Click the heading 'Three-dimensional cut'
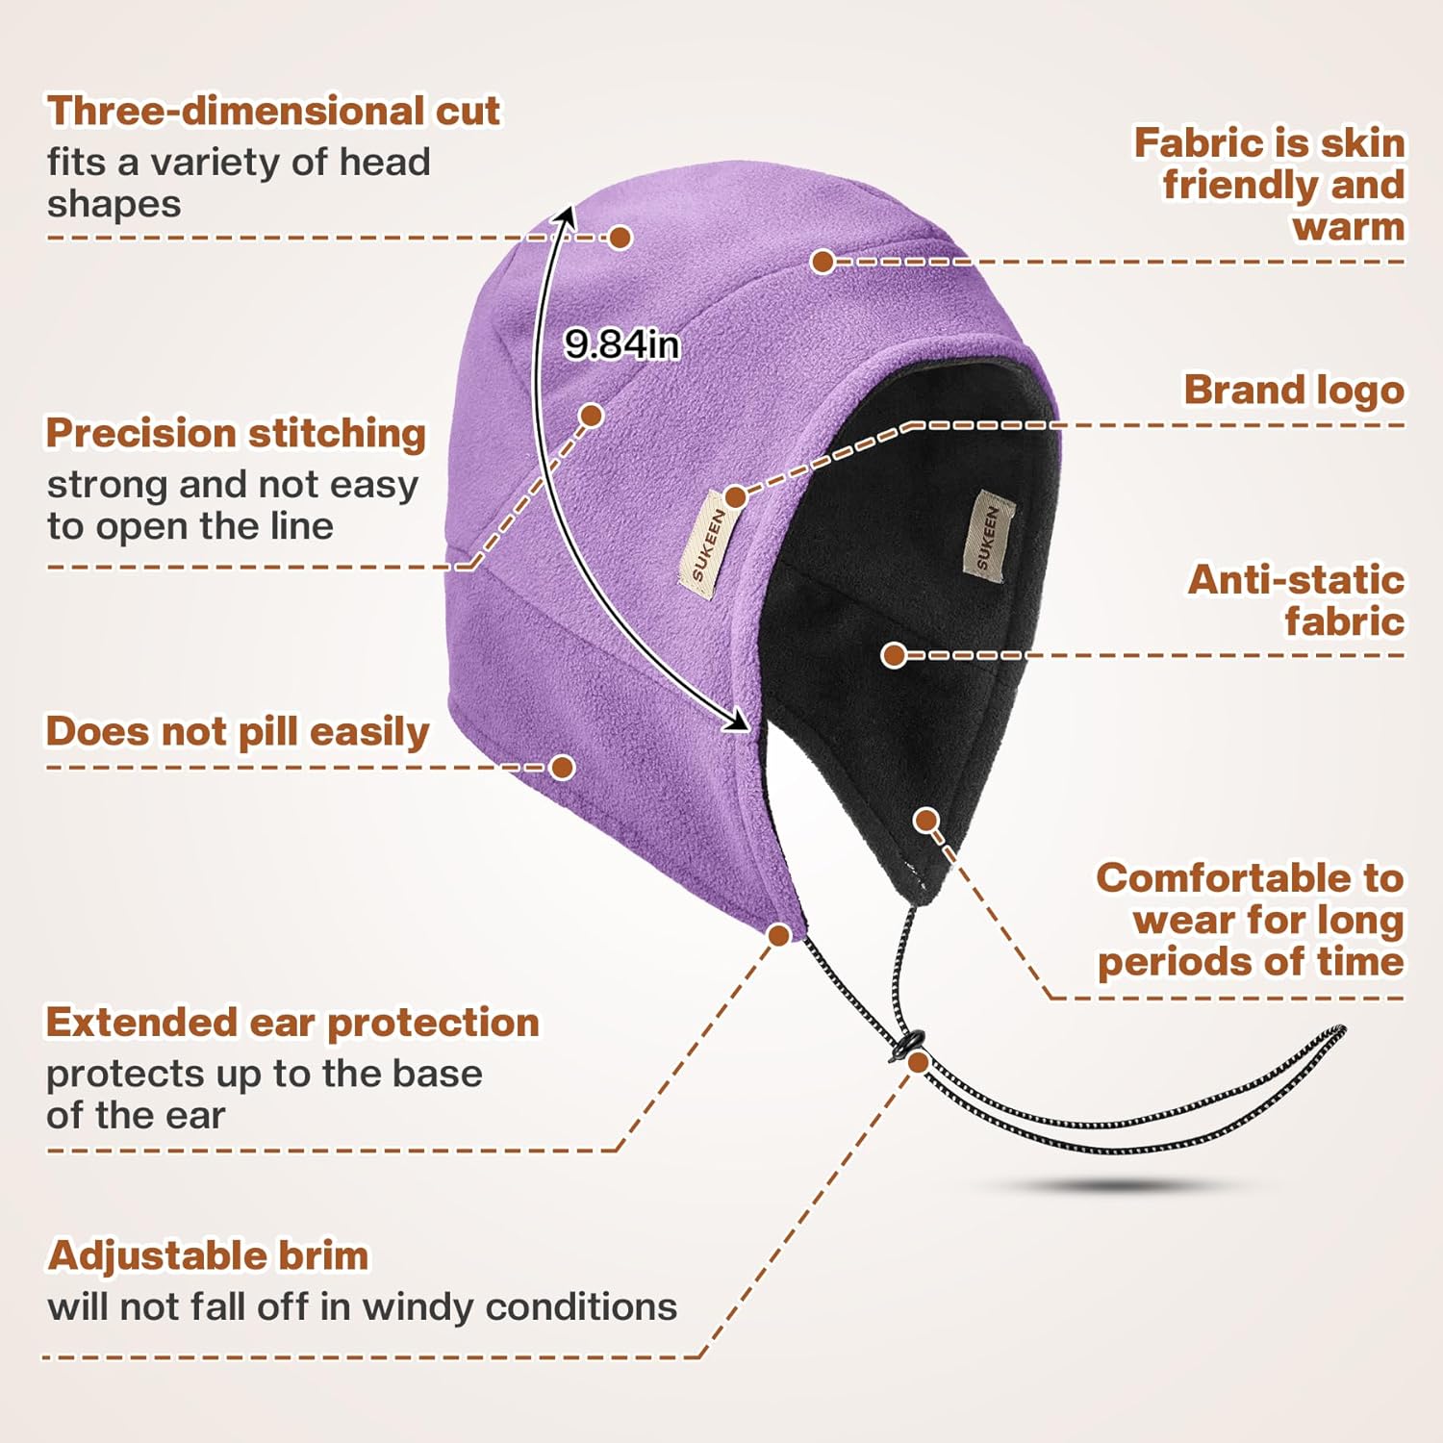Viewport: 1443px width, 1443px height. point(273,111)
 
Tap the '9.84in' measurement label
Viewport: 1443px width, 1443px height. point(621,343)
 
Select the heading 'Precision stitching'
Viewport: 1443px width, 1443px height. point(236,433)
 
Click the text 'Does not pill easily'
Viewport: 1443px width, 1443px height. point(238,731)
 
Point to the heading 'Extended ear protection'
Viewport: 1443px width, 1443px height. point(292,1022)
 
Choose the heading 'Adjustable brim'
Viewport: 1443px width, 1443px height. point(208,1255)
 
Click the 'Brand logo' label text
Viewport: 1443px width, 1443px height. point(1294,390)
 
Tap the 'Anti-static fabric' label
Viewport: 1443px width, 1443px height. point(1297,600)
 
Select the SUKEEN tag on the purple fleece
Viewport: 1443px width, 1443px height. point(710,545)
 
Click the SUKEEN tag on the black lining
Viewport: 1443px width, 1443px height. point(989,536)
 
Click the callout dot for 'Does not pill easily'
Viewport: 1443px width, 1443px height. point(562,767)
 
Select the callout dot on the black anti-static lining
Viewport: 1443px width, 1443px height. point(894,655)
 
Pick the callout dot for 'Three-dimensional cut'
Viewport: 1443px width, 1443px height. point(620,237)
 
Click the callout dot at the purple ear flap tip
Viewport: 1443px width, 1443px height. point(779,934)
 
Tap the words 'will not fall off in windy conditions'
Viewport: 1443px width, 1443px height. point(362,1306)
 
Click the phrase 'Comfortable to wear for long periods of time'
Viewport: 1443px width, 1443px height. point(1251,920)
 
